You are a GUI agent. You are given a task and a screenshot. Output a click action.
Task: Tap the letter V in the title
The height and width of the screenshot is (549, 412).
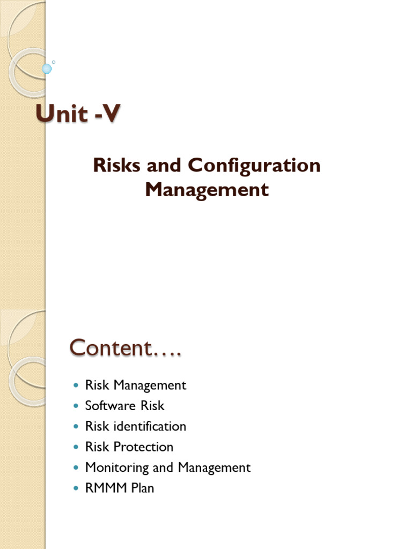tap(109, 114)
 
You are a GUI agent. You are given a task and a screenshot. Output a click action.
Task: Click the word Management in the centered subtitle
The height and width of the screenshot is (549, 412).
tap(207, 189)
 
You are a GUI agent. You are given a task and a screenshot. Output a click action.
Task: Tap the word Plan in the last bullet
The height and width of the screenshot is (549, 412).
tap(141, 488)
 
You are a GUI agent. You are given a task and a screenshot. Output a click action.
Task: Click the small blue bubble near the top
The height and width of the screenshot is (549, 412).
tap(47, 68)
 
